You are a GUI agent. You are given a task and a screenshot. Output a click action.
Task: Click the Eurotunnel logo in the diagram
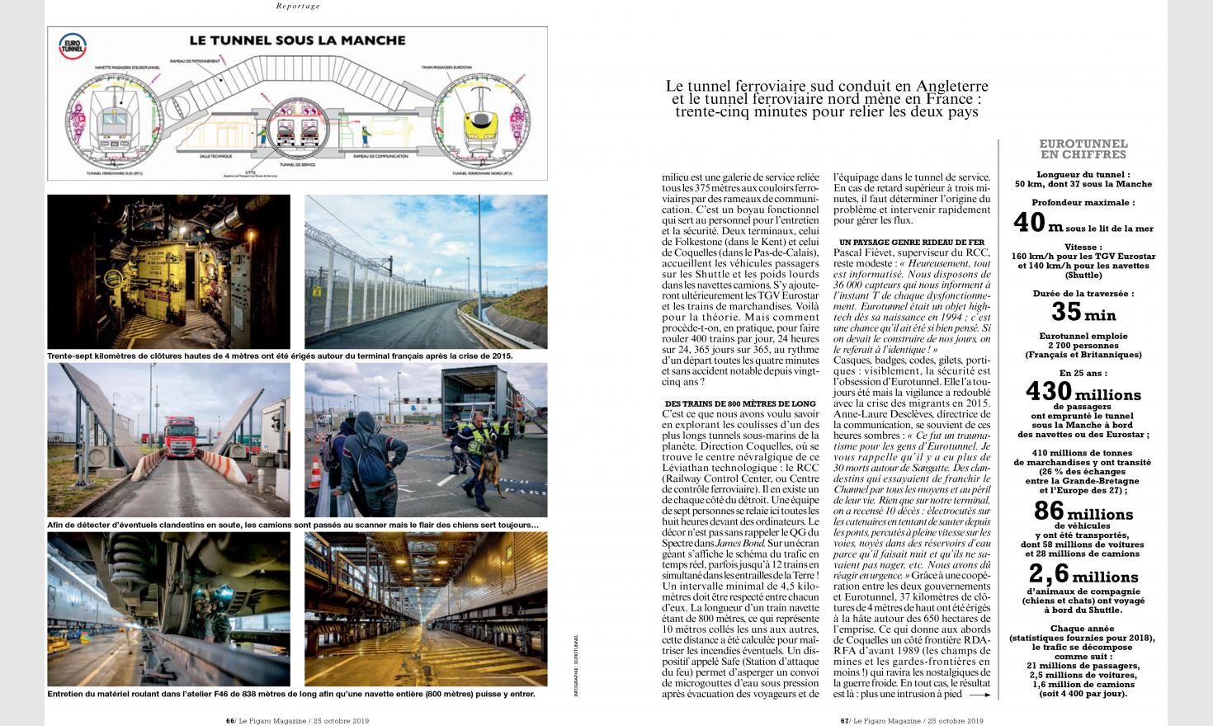(x=68, y=45)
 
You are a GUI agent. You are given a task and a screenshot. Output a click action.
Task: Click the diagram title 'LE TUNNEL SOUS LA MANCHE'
(x=297, y=40)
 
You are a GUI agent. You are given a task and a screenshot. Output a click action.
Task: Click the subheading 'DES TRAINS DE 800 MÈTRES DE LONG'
(x=728, y=403)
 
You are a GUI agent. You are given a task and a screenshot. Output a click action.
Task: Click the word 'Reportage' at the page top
(x=298, y=7)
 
